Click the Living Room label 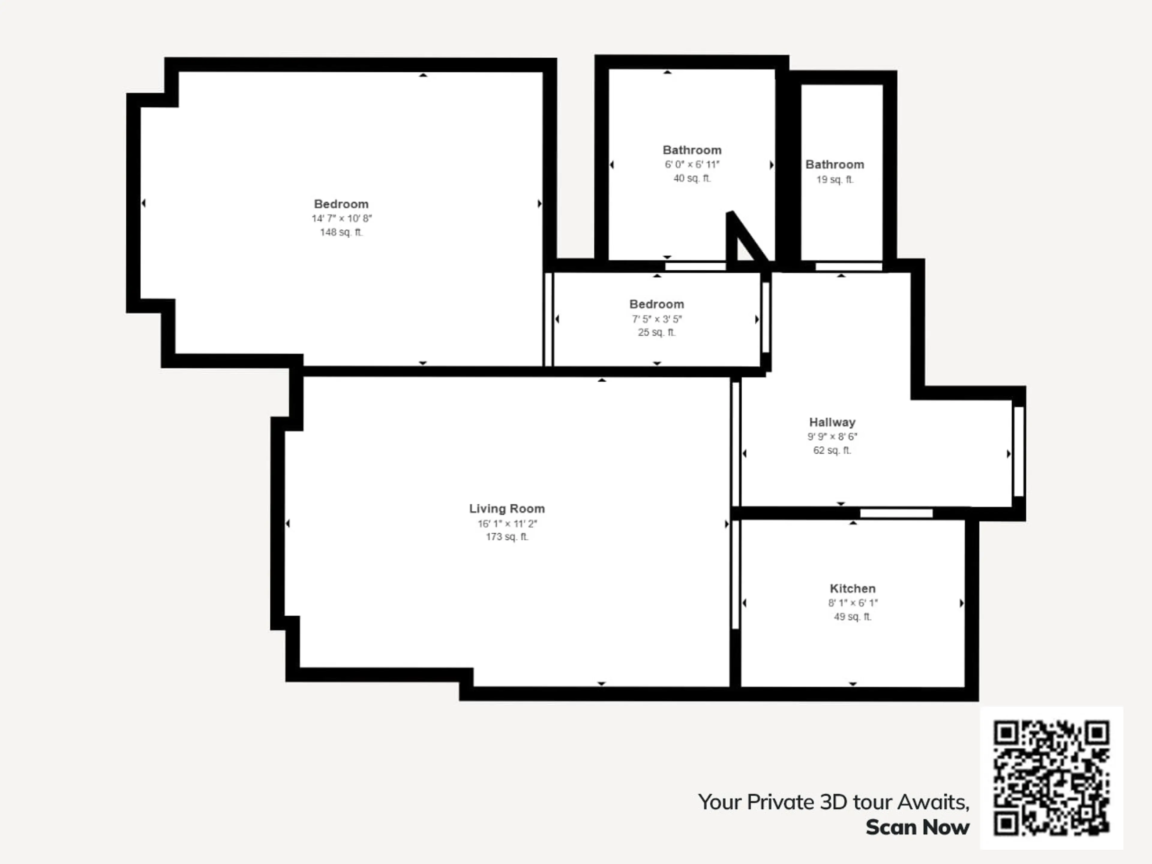(507, 509)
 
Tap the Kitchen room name (853, 589)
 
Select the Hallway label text (832, 422)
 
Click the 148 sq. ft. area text (341, 232)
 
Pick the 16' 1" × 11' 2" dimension (507, 523)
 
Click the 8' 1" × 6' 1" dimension (853, 603)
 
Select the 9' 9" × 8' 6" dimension (832, 436)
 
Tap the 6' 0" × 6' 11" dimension (691, 165)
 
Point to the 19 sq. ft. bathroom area (835, 180)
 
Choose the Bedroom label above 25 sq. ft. (657, 304)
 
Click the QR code (1051, 778)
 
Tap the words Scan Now (918, 827)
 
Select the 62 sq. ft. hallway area (832, 451)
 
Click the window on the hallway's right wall (1019, 451)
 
